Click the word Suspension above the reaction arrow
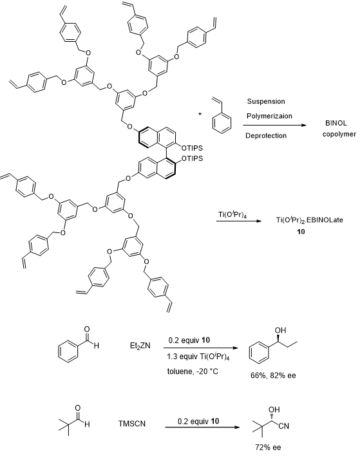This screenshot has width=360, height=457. coord(266,102)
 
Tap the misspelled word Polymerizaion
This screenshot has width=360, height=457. coord(269,116)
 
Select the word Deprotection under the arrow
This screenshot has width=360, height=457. coord(266,136)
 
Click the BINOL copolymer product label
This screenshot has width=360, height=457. coord(339,129)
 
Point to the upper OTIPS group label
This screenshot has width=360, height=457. coord(192,148)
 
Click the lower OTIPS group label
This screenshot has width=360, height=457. coord(192,158)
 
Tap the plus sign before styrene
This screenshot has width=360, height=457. coord(200,114)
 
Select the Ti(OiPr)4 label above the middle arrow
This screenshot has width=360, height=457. coord(232,215)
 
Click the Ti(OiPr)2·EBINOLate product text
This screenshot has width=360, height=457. coord(310,219)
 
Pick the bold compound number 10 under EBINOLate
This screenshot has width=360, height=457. coord(301,232)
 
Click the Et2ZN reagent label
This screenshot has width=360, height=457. coord(140,346)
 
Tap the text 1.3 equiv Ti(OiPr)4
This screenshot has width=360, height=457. coord(198,357)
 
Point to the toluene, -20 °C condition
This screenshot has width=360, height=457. coord(193,371)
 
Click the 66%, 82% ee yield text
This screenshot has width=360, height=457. coord(273,375)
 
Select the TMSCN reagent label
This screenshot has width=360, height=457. coord(132,424)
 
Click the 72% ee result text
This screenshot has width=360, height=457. coord(268,447)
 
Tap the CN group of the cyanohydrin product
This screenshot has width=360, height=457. coord(283,426)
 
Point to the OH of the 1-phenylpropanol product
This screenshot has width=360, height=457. coord(280,330)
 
